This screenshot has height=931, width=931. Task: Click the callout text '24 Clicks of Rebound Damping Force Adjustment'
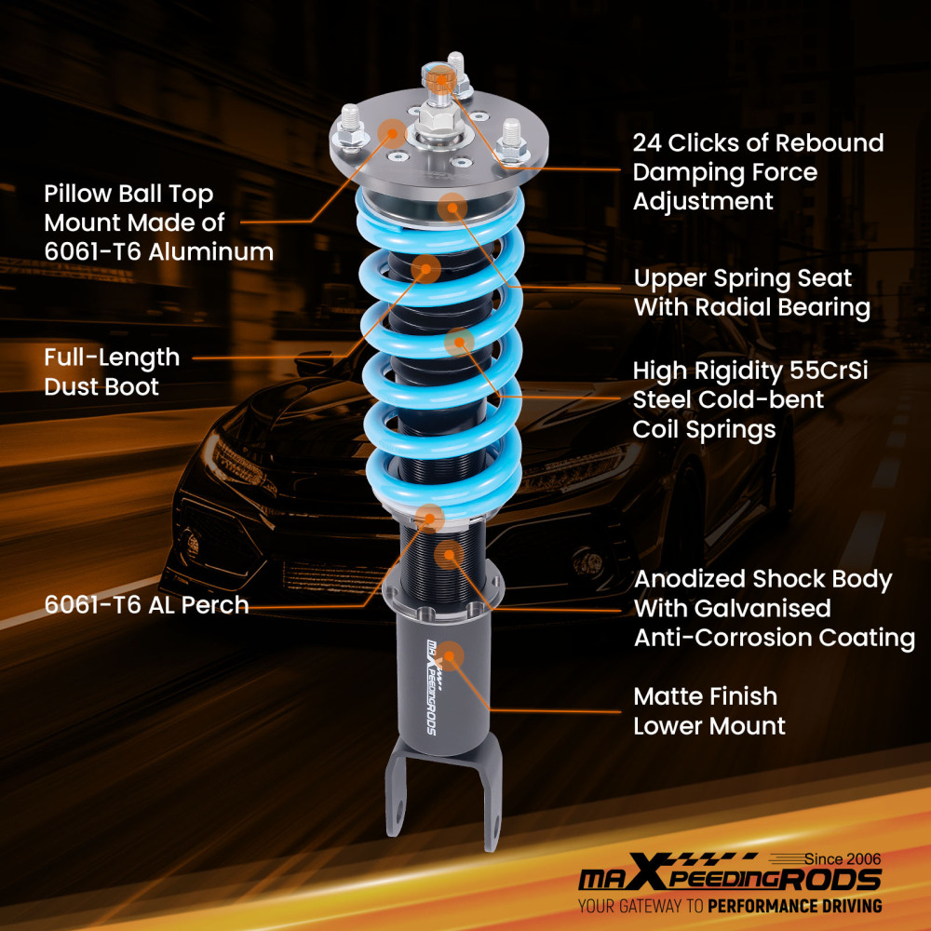pos(758,172)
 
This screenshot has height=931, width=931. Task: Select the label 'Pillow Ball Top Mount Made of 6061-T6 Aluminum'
pos(158,223)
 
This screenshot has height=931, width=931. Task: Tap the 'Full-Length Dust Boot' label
pos(112,371)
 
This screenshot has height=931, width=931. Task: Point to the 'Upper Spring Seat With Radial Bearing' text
pos(752,293)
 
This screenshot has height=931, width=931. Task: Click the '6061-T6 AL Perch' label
pos(146,605)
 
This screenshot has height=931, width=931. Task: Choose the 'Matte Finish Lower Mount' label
pos(709,711)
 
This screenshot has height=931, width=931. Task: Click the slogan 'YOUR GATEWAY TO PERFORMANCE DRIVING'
pos(730,906)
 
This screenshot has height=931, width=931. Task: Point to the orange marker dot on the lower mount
pos(451,655)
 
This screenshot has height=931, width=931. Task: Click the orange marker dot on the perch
pos(430,517)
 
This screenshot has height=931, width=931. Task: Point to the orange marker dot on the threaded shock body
pos(449,556)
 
